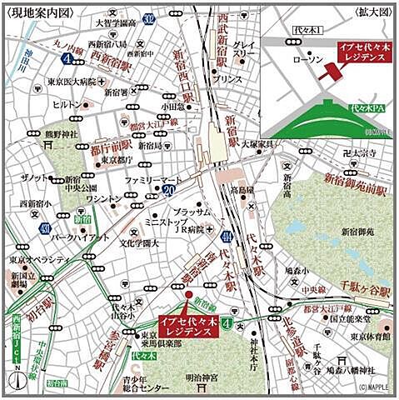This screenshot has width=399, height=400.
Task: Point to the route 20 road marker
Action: [x=170, y=191]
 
